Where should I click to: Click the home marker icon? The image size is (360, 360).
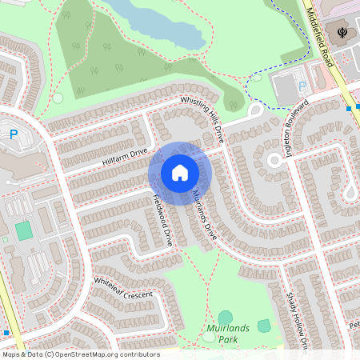point(180,173)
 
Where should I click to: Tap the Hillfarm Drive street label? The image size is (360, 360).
point(126,157)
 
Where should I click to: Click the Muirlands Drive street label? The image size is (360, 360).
point(204,215)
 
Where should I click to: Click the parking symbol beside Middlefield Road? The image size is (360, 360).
point(302,86)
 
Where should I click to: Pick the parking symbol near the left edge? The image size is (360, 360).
point(14,135)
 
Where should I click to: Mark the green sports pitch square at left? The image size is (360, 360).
point(24,231)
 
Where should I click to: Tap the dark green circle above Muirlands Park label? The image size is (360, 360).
point(226,318)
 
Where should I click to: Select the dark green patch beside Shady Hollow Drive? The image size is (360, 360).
point(264,326)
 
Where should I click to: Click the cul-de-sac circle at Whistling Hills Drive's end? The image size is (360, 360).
point(257,110)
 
